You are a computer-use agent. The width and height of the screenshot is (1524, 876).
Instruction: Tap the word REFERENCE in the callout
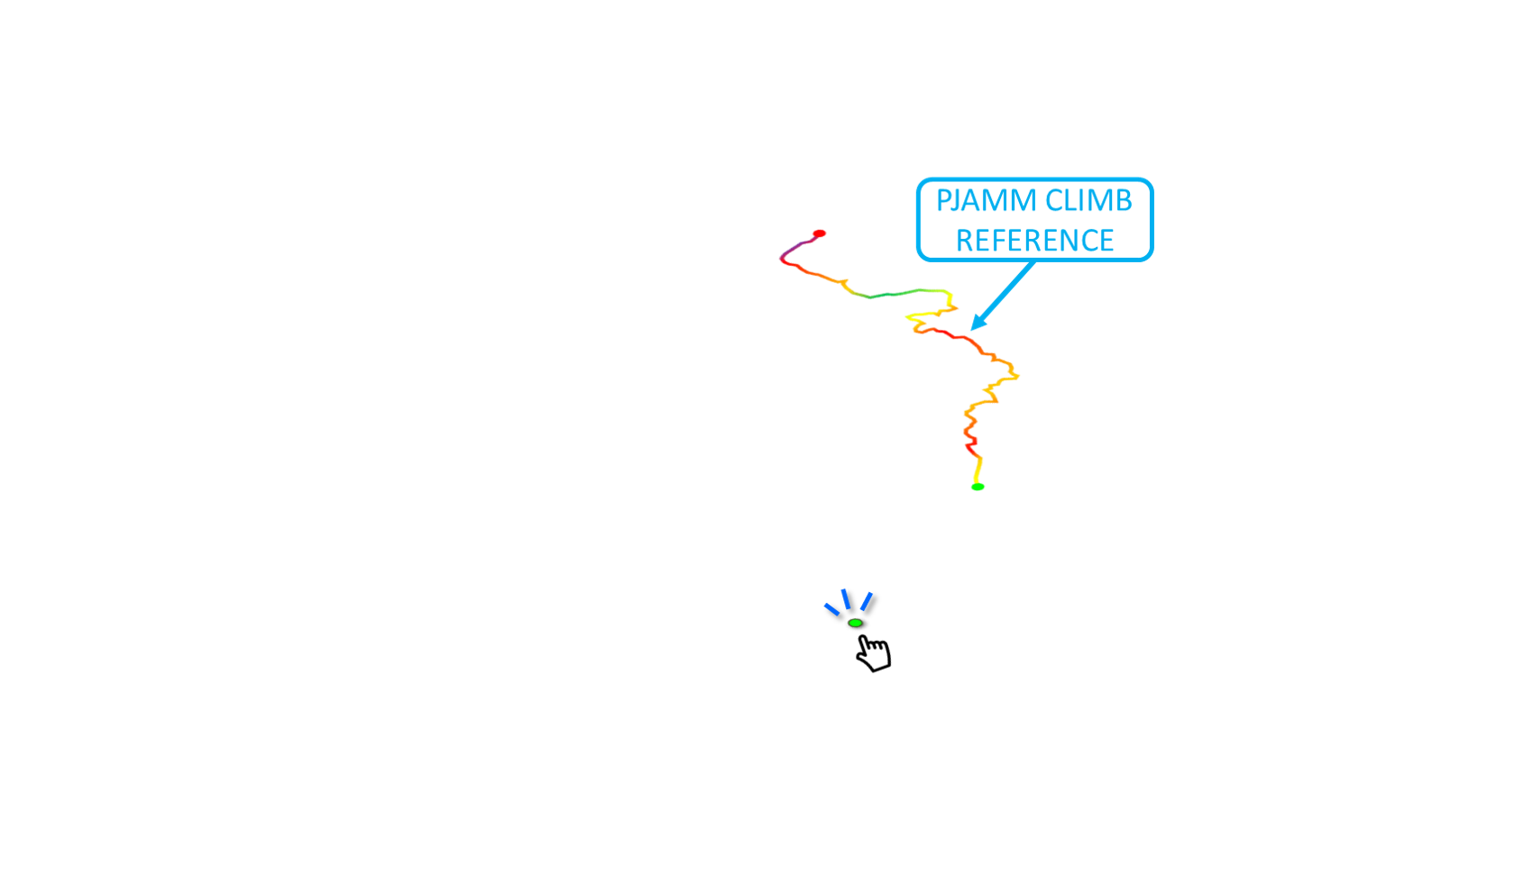tap(1034, 241)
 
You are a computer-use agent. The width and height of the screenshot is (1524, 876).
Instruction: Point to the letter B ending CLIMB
tap(1124, 200)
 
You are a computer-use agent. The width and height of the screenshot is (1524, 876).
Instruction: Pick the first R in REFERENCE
tap(964, 241)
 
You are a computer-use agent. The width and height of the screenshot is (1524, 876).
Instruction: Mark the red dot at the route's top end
tap(819, 233)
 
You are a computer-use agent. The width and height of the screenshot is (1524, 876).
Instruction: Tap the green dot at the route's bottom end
tap(978, 488)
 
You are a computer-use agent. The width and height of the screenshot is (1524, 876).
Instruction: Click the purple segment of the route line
tap(794, 247)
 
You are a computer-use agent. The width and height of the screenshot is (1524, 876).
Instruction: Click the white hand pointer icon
tap(874, 654)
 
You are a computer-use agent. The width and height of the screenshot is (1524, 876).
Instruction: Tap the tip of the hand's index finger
tap(863, 640)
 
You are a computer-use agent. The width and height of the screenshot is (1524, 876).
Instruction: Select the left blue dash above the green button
tap(831, 609)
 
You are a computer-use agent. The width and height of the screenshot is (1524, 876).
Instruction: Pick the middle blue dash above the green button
tap(845, 599)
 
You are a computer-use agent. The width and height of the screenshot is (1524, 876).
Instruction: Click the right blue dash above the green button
tap(866, 601)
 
